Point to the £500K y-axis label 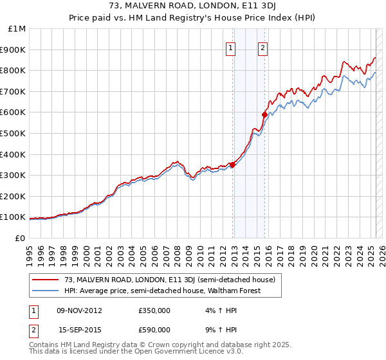point(13,134)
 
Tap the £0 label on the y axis point(19,238)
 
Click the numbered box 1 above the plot point(230,47)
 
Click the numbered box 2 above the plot point(263,47)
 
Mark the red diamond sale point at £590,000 point(264,115)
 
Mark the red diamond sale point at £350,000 point(232,165)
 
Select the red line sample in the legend point(46,280)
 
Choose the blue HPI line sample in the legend point(46,291)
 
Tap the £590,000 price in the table point(155,330)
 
